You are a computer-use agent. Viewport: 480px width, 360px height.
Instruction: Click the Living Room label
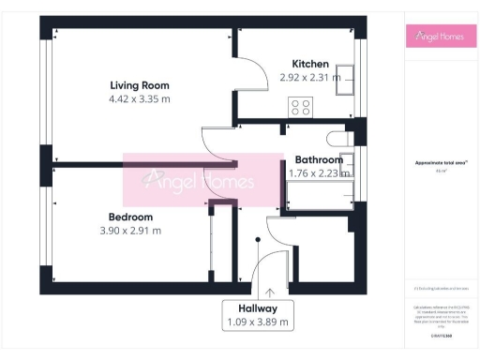pyautogui.click(x=140, y=85)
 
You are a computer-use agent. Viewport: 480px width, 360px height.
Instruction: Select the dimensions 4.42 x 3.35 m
pyautogui.click(x=140, y=98)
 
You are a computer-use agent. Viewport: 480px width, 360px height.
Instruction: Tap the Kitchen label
pyautogui.click(x=309, y=64)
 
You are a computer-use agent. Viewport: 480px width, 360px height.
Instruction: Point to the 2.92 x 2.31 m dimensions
pyautogui.click(x=310, y=78)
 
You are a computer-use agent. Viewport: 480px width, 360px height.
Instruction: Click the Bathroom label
pyautogui.click(x=317, y=160)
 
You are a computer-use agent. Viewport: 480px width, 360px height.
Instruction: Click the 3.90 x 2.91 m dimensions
pyautogui.click(x=130, y=230)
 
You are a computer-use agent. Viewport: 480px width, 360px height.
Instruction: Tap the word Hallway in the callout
pyautogui.click(x=257, y=307)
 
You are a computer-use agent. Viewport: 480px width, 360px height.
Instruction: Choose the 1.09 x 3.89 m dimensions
pyautogui.click(x=257, y=322)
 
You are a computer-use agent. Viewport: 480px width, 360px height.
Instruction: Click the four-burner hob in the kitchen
pyautogui.click(x=301, y=106)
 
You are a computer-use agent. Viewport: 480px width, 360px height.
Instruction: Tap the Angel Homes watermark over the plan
pyautogui.click(x=203, y=181)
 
